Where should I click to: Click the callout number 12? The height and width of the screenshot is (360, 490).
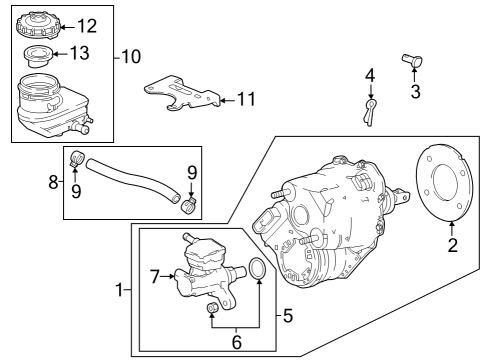tap(87, 26)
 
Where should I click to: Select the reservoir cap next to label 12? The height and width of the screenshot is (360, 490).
tap(39, 24)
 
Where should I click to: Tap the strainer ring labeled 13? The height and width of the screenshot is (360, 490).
tap(38, 56)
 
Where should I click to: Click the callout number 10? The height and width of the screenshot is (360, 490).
tap(131, 56)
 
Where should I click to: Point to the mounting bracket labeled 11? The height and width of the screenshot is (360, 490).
tap(183, 93)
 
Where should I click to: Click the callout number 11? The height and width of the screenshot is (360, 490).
tap(246, 99)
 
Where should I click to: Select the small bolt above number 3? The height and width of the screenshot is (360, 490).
tap(412, 60)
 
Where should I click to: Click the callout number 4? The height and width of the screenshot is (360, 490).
tap(370, 75)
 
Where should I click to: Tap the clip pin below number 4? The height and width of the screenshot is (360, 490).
tap(370, 112)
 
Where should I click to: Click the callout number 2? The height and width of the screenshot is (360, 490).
tap(452, 245)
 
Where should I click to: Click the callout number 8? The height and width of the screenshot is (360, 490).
tap(53, 182)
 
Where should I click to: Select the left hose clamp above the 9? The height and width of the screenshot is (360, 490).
tap(78, 158)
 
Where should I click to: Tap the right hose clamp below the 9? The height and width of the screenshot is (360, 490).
tap(189, 204)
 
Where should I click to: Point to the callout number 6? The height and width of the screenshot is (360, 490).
tap(236, 342)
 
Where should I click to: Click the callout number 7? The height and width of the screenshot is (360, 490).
tap(154, 276)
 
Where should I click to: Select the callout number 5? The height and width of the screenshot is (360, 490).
tap(288, 315)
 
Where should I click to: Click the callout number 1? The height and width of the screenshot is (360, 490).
tap(119, 290)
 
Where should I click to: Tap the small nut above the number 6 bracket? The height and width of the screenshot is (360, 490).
tap(212, 308)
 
